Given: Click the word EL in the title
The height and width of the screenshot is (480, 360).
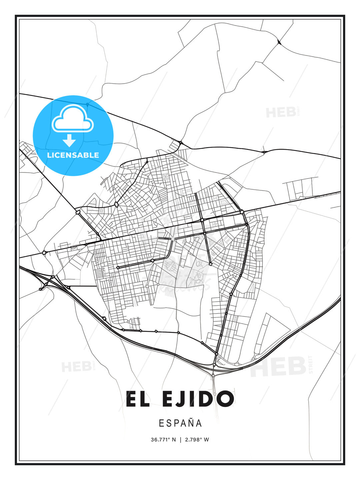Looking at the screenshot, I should point(138,399).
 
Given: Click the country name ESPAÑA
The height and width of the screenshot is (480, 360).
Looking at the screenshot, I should point(180,423).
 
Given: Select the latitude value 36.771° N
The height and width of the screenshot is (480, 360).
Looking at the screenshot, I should point(163,440).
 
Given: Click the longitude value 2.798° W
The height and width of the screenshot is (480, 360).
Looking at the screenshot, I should point(197,440).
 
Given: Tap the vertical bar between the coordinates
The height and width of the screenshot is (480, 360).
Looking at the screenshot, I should point(180,440).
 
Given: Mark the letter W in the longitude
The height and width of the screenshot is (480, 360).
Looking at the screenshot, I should point(207,440).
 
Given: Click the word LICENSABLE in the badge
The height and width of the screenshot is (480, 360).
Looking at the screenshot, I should point(73,155).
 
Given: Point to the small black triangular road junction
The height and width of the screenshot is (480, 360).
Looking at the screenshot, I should point(279,42).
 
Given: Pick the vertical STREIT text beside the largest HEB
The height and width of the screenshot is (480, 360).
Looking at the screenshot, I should point(311,365).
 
